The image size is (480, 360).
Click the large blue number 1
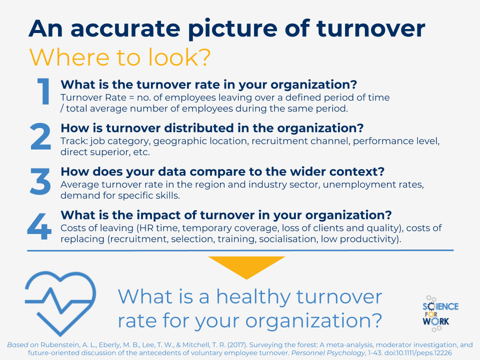point(44,91)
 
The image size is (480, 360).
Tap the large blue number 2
point(40,136)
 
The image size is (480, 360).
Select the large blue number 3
point(40,181)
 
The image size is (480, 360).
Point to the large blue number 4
point(39,226)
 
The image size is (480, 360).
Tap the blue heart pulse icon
point(60,303)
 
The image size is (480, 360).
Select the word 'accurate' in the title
point(125,28)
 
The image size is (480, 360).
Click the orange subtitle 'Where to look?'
point(120,57)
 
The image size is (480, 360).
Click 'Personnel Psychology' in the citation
point(328,353)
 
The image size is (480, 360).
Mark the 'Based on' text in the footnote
point(22,345)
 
